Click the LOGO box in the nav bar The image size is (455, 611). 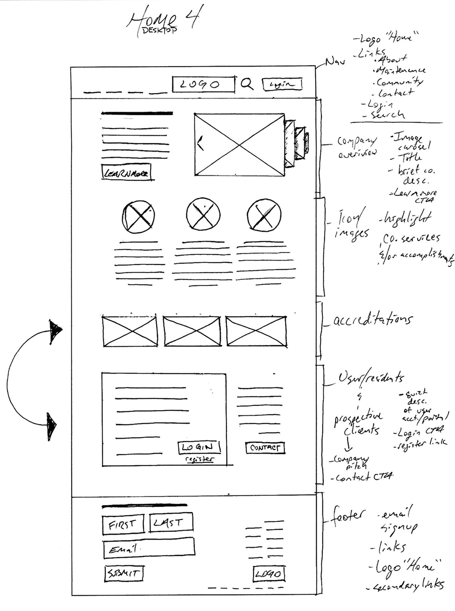[203, 84]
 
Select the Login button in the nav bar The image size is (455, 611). [282, 84]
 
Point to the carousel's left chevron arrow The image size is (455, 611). [201, 143]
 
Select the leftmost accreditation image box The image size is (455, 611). [130, 331]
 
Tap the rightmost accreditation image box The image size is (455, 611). [256, 331]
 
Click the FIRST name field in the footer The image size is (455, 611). [123, 524]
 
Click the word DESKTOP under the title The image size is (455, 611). [159, 30]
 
